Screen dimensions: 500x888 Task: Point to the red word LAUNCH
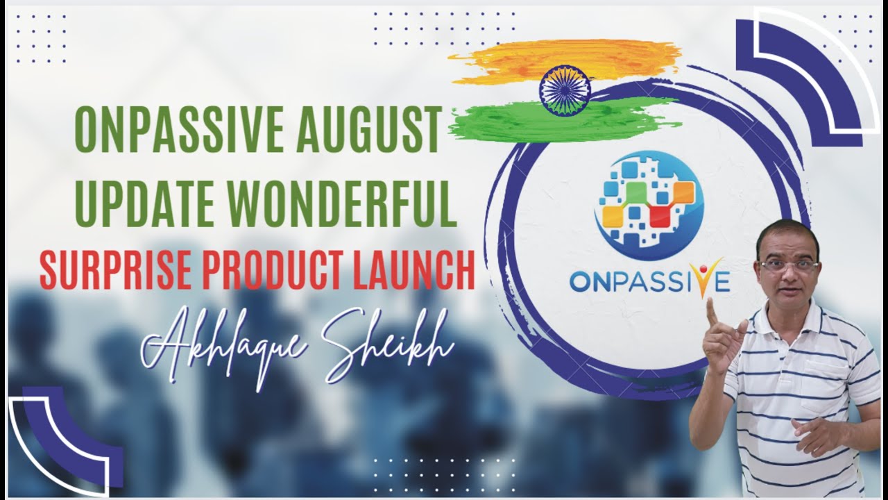click(x=413, y=271)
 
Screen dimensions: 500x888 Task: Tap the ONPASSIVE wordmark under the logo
click(x=649, y=281)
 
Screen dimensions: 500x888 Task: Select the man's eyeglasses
click(x=789, y=265)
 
